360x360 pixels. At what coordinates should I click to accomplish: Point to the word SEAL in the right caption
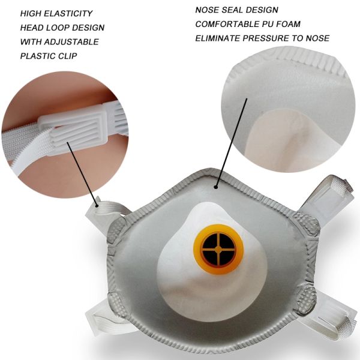point(233,10)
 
